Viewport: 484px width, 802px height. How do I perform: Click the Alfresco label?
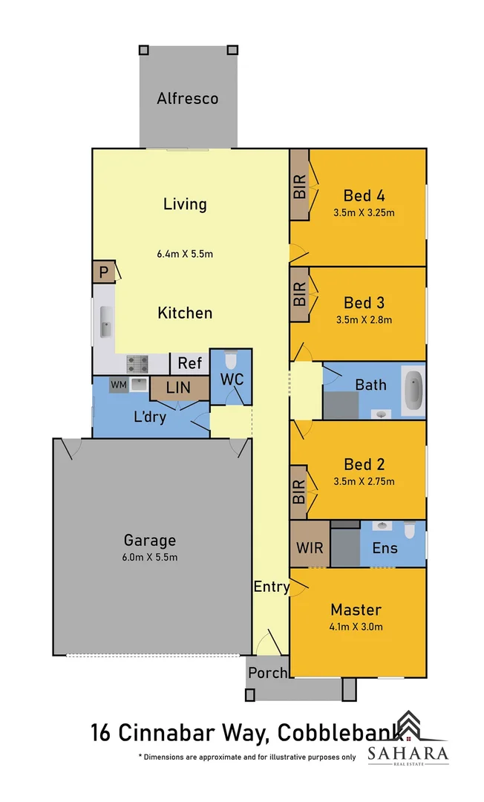click(187, 98)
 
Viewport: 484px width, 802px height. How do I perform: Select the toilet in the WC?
click(230, 361)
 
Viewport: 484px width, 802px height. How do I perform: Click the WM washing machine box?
click(118, 385)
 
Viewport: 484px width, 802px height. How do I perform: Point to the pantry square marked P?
click(103, 273)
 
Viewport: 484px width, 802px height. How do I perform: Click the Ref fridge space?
click(189, 363)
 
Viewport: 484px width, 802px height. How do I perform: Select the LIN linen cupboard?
click(178, 388)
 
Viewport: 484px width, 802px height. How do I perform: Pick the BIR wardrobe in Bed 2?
click(299, 491)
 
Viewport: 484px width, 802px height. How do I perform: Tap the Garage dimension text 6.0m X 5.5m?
click(150, 558)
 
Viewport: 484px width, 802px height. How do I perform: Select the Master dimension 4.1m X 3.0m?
click(356, 626)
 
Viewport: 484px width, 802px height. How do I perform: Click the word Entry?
click(271, 587)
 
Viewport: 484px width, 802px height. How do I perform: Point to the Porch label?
click(267, 673)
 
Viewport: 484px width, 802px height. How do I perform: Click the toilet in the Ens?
click(410, 530)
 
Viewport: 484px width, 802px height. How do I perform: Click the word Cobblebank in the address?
click(341, 733)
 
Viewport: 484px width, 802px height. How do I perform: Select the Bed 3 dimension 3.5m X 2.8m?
click(363, 320)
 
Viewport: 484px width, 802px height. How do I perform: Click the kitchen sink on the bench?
click(105, 325)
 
